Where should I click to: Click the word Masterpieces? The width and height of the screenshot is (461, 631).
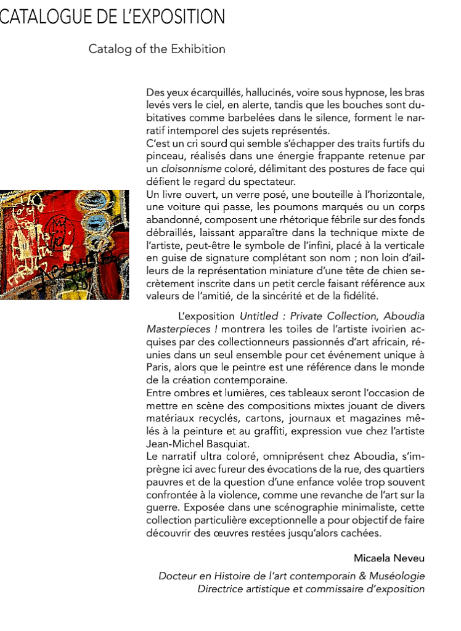(x=175, y=330)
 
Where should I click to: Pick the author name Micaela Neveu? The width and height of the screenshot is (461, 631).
(x=389, y=558)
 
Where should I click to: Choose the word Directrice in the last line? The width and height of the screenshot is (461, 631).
(x=221, y=589)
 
